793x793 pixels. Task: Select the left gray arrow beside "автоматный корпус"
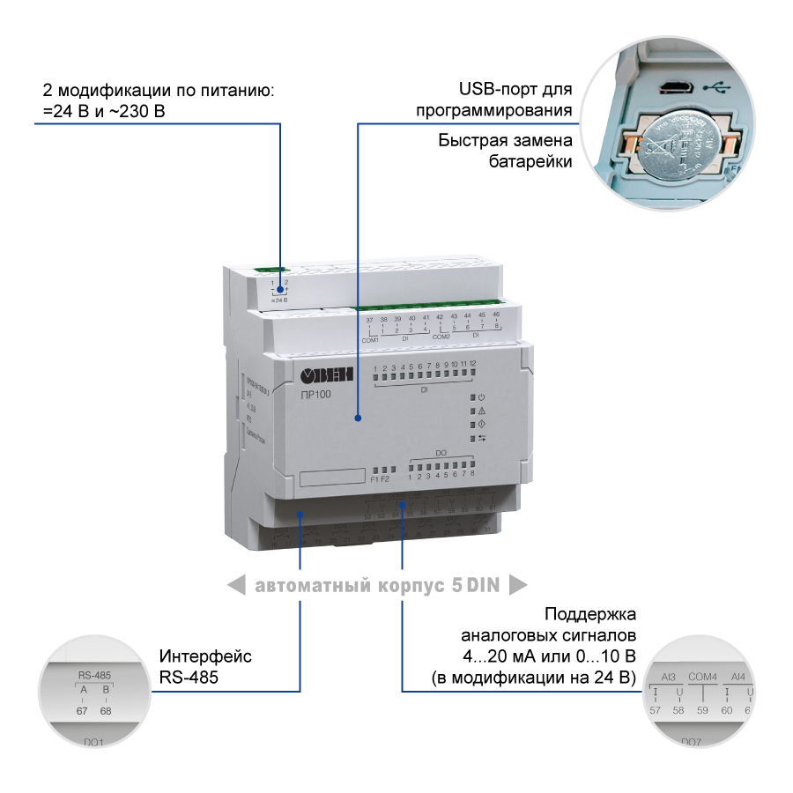[235, 584]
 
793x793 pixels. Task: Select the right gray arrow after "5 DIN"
[518, 584]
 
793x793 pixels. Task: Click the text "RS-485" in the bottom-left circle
[93, 676]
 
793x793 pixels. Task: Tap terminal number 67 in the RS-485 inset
[82, 710]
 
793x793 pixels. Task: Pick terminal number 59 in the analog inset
[702, 709]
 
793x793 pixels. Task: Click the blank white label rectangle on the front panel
[332, 477]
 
